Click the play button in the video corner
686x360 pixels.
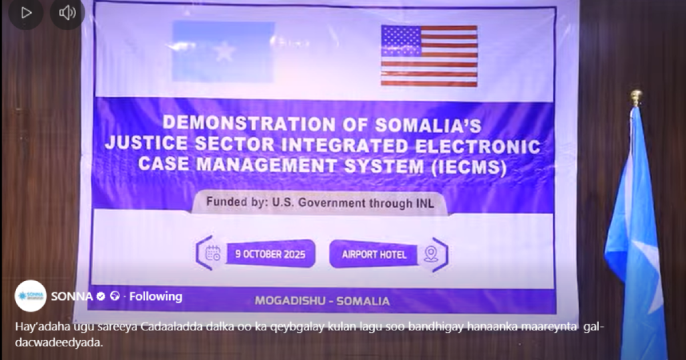coord(26,13)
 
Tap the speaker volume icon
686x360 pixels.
coord(67,13)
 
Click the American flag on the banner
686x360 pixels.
coord(429,55)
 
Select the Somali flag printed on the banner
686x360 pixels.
coord(224,51)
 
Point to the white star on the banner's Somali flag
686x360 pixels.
coord(225,53)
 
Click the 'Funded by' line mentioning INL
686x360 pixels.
coord(320,202)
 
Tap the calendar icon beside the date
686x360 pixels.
coord(213,253)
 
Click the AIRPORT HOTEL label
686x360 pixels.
coord(374,254)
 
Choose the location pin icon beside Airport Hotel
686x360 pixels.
coord(431,254)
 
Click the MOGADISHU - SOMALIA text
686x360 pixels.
coord(322,301)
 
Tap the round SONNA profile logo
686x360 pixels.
coord(30,296)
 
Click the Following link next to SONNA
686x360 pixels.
coord(156,296)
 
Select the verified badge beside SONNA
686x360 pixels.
coord(101,297)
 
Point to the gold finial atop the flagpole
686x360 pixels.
coord(636,97)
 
